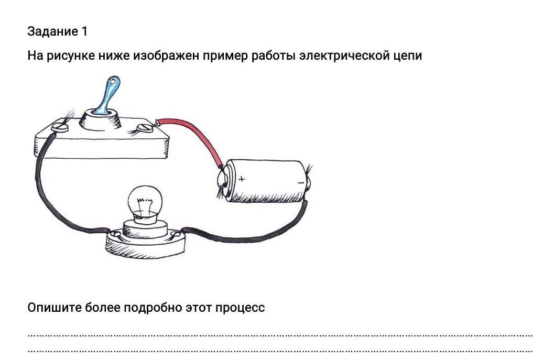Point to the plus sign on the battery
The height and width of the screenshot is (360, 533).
(x=242, y=179)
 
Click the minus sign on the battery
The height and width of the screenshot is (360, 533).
(x=300, y=182)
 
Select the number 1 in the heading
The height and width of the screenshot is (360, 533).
(x=84, y=31)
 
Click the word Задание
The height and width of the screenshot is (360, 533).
(x=52, y=31)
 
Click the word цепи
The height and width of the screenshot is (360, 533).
(x=407, y=56)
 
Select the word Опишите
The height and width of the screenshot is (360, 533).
(x=52, y=307)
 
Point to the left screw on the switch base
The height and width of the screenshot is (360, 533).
(x=61, y=126)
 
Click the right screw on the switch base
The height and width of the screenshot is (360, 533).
(x=143, y=127)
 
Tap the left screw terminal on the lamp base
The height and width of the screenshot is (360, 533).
(x=116, y=235)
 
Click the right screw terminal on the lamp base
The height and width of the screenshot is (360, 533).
(x=175, y=233)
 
